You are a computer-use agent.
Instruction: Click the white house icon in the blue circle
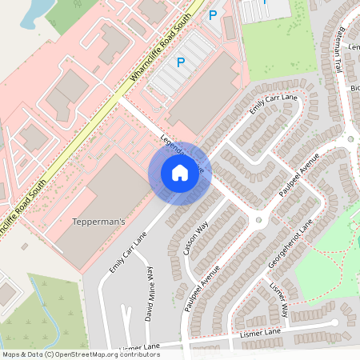[179, 173]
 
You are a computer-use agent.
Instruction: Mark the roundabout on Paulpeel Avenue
[258, 219]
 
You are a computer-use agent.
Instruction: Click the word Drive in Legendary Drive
[197, 168]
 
